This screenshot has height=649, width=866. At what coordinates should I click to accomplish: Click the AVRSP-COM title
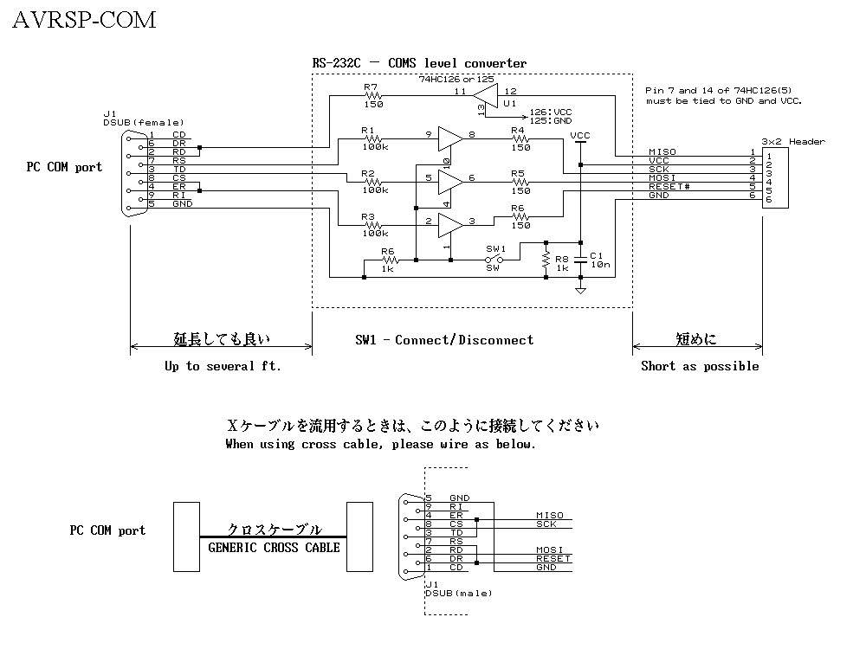(x=84, y=20)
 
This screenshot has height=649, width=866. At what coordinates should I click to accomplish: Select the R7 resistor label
(x=371, y=87)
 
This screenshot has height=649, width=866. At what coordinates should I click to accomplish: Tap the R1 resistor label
(x=368, y=131)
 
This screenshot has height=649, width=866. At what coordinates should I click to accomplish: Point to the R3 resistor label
(x=368, y=217)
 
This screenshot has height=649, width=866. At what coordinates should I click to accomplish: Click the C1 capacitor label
(x=596, y=256)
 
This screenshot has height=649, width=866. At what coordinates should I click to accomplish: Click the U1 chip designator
(x=508, y=103)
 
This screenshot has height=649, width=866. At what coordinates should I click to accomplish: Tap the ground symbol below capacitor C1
(x=580, y=290)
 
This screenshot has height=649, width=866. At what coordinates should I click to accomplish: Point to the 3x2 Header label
(x=793, y=141)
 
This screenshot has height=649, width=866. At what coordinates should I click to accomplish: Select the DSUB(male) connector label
(x=459, y=593)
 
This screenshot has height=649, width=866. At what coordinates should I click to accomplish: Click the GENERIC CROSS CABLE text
(x=275, y=547)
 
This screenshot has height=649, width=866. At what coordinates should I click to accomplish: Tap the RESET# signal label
(x=669, y=187)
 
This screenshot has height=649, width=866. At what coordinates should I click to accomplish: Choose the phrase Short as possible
(x=700, y=366)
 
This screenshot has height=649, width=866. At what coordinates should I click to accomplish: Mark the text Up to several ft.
(x=223, y=366)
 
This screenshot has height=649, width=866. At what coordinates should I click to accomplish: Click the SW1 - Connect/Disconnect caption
(x=444, y=340)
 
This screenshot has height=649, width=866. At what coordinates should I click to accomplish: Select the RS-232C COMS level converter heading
(x=419, y=63)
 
